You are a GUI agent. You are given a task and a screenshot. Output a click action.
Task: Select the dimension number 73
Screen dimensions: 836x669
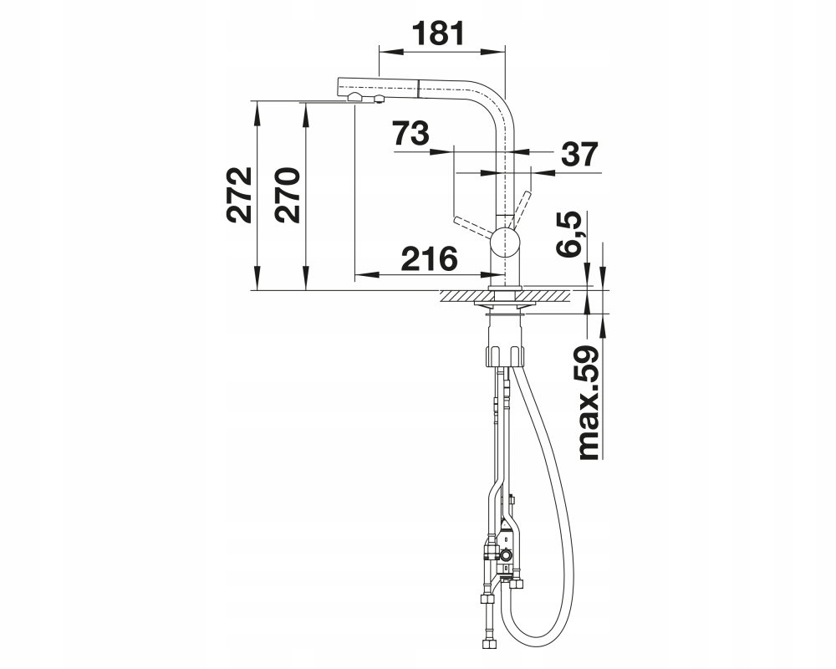click(x=410, y=133)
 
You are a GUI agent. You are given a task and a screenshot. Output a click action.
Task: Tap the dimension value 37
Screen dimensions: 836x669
click(x=580, y=154)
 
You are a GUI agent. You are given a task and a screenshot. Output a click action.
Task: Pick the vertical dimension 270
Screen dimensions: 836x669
click(x=288, y=195)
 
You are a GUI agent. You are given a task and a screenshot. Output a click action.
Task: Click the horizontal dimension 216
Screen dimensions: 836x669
click(x=429, y=258)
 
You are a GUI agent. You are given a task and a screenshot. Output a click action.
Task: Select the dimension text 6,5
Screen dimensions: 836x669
click(x=568, y=234)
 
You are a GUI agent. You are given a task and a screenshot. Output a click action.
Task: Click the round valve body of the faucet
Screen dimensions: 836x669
click(x=504, y=241)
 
